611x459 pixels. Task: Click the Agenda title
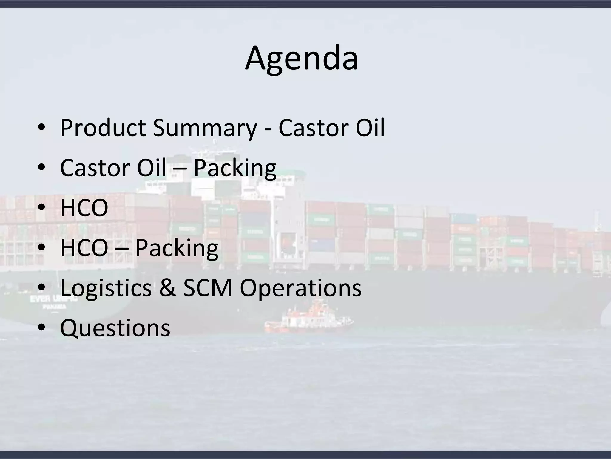click(301, 58)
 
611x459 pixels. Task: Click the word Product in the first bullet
click(103, 128)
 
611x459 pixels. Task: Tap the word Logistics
click(106, 288)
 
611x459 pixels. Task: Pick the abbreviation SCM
click(207, 288)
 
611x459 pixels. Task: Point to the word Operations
click(301, 289)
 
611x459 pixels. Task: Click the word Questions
click(115, 328)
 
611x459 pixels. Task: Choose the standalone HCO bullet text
click(84, 208)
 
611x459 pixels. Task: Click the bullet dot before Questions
click(41, 328)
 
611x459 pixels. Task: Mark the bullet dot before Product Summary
click(41, 128)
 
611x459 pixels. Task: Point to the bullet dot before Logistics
click(41, 288)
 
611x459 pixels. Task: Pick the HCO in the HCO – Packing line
click(84, 248)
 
